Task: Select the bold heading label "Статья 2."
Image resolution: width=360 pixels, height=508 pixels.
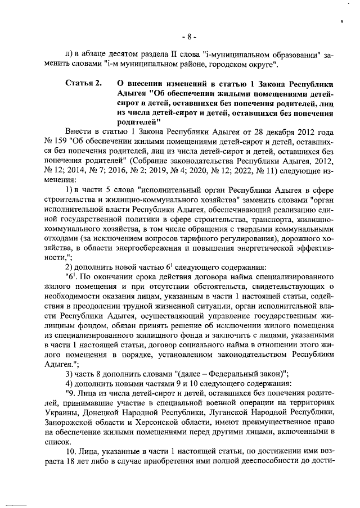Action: point(83,83)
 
